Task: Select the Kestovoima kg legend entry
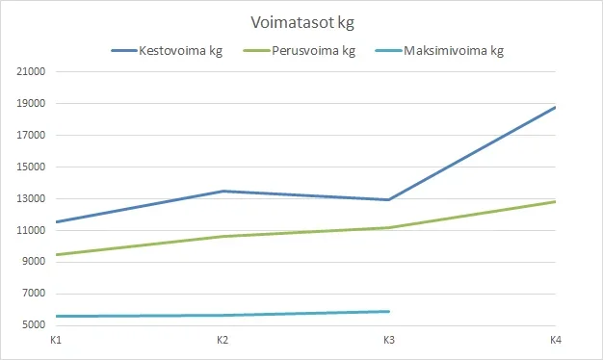coord(181,51)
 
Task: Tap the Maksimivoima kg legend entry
coord(454,51)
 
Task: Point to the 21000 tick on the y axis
coord(32,72)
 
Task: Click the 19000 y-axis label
coord(32,104)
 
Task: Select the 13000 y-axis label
coord(32,199)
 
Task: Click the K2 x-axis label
coord(222,341)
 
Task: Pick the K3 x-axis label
coord(388,341)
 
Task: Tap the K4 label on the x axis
coord(555,341)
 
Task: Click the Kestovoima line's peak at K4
coord(555,107)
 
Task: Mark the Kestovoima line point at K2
coord(222,192)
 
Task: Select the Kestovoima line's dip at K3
coord(388,199)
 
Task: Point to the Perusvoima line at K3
coord(388,227)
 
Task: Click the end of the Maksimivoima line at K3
coord(388,312)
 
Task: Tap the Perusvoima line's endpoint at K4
coord(555,201)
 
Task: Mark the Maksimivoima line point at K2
coord(222,315)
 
